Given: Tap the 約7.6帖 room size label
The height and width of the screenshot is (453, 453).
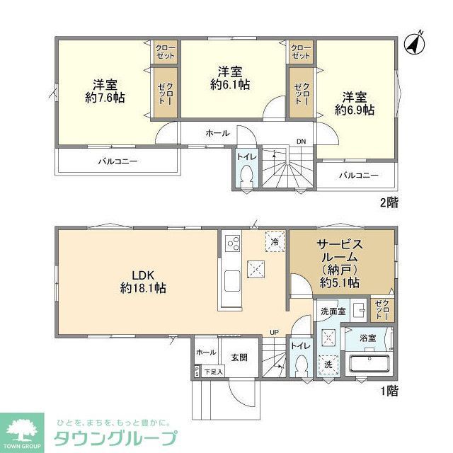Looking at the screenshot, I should point(105,98).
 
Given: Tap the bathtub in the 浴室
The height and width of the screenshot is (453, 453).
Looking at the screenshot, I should point(369,365).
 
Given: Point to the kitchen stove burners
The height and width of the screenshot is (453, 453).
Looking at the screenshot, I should point(232,244).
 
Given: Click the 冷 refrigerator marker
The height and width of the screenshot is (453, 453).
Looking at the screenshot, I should point(275,241).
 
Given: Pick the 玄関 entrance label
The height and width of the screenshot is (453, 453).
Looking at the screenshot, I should point(239,357).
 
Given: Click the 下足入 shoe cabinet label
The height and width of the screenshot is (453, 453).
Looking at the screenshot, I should point(213,371).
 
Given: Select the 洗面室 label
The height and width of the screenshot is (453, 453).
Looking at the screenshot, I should point(332,311).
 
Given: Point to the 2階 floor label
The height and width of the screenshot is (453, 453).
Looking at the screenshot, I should point(388,202).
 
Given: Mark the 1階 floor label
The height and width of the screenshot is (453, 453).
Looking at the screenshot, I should point(387,389).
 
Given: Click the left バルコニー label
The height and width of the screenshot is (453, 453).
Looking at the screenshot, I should point(117,161).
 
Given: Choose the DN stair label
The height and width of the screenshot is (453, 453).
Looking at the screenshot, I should point(301,141).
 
